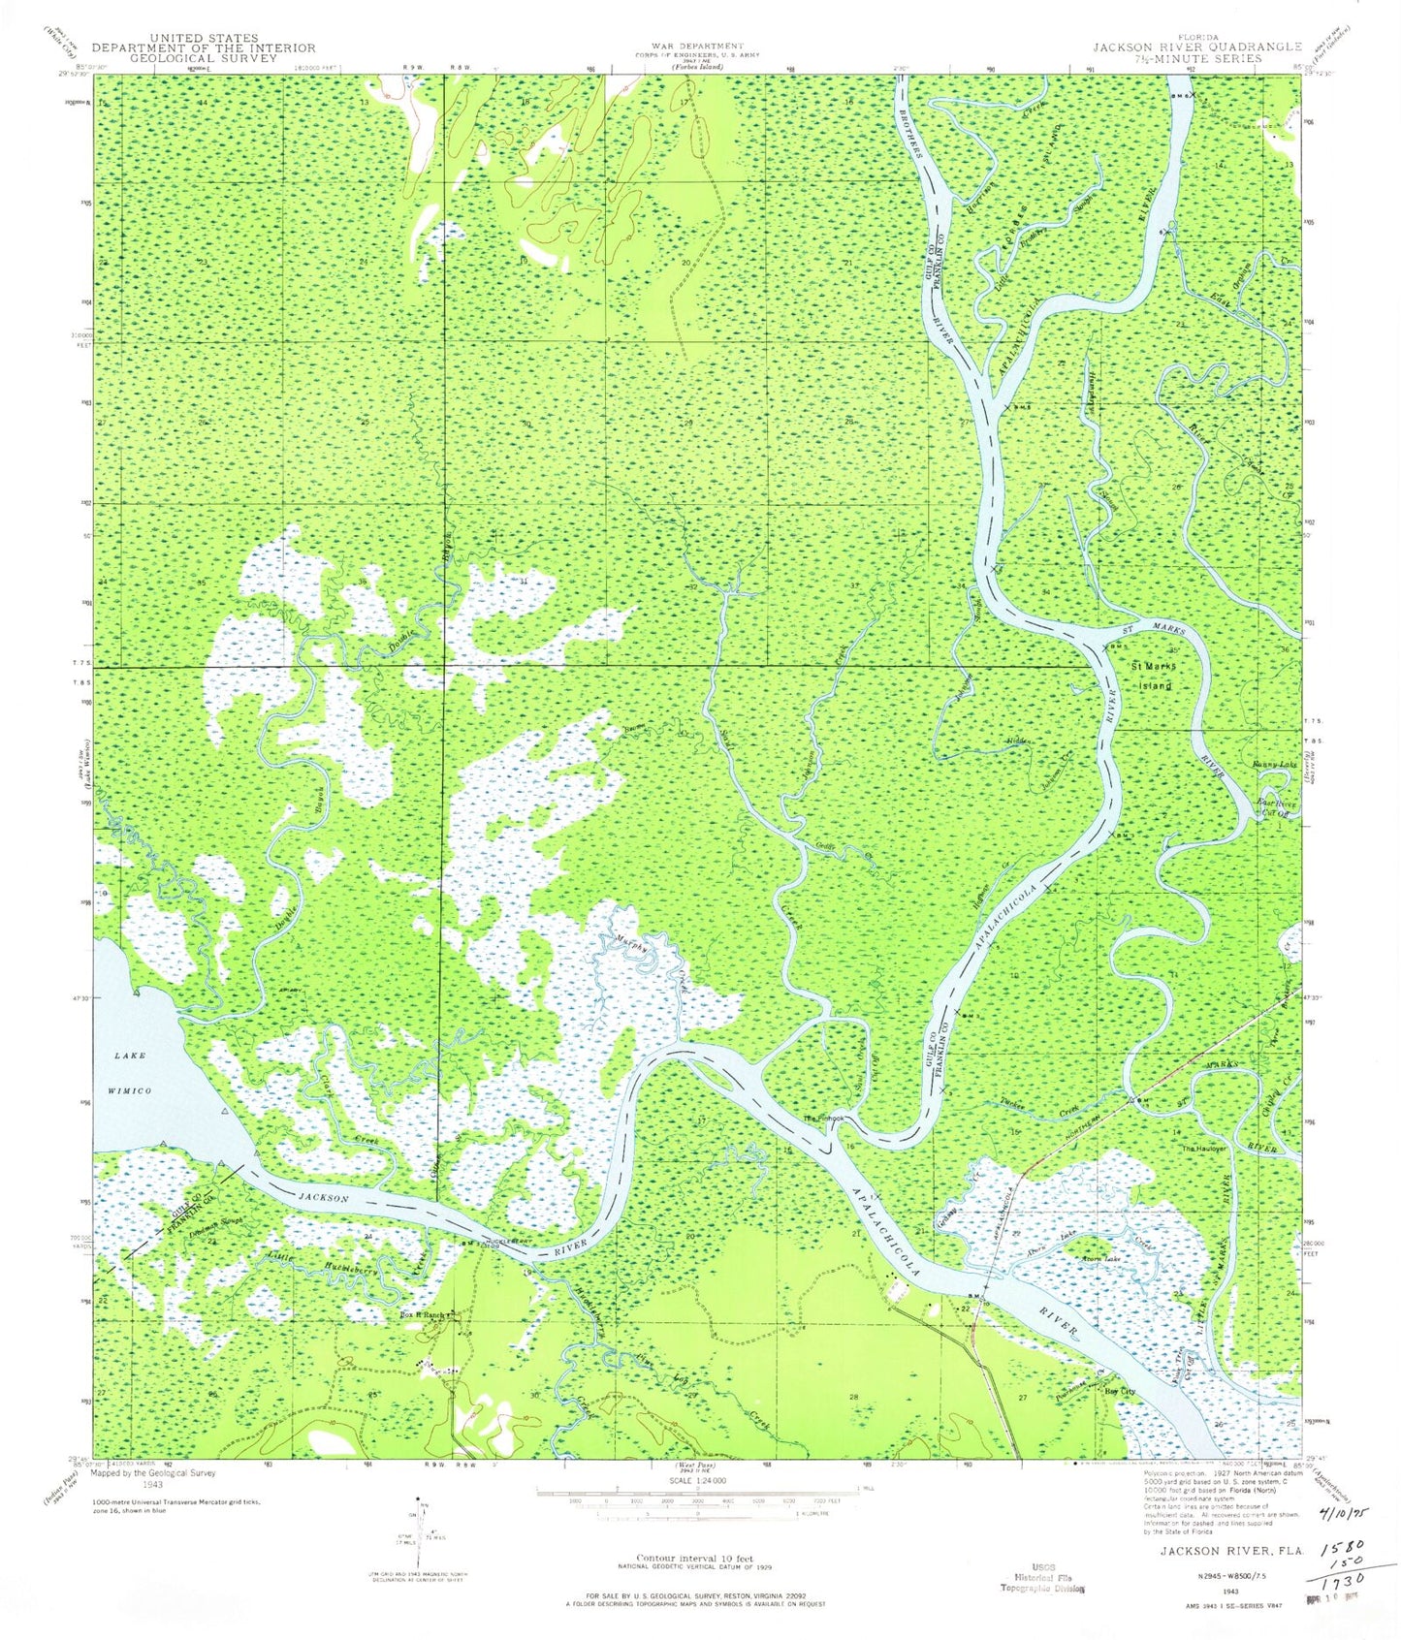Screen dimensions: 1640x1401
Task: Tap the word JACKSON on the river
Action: pos(323,1198)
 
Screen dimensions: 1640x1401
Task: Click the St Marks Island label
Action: pos(1153,678)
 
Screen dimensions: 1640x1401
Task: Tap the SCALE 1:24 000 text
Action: pos(696,1481)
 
